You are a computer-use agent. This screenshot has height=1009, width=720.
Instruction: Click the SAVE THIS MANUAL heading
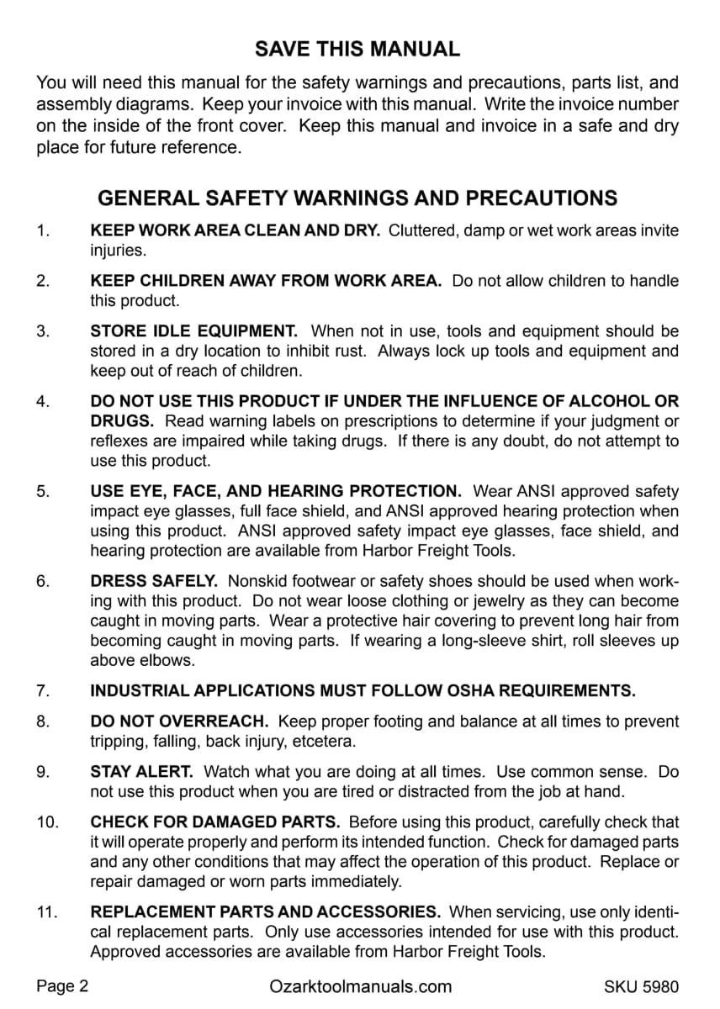pos(357,49)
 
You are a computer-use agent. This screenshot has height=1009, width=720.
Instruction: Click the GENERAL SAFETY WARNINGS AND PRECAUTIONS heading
pos(357,198)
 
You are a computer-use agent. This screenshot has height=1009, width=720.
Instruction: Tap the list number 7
pos(44,691)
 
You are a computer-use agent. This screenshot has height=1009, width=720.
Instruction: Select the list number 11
pos(47,912)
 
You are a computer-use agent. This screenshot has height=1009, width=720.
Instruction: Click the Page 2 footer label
pos(62,986)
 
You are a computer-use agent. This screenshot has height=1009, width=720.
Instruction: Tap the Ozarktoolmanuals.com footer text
pos(361,986)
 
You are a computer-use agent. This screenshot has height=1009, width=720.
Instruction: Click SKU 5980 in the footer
pos(641,986)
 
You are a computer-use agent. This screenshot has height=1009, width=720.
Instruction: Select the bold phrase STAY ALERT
pos(141,771)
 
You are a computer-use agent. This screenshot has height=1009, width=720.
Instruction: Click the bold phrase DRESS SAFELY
pos(154,581)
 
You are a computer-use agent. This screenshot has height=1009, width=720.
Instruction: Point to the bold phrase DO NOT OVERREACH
pos(179,721)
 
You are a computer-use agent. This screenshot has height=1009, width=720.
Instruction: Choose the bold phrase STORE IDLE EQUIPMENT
pos(193,331)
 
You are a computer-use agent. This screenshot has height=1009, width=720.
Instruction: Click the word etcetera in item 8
pos(325,742)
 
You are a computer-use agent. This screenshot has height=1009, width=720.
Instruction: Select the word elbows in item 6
pos(171,661)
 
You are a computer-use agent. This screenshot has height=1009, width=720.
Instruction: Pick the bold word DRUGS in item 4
pos(122,421)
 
